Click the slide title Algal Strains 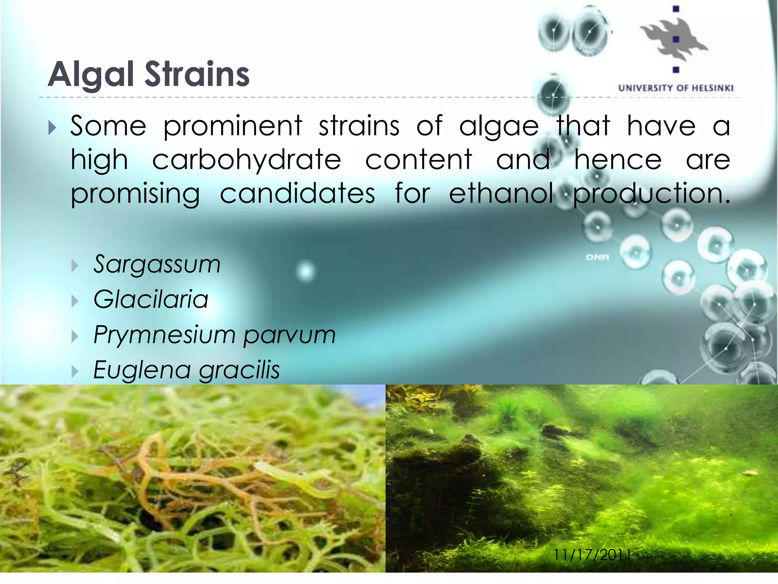149,74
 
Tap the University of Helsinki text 675,88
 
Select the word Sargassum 157,264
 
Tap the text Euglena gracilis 187,370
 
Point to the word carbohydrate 247,160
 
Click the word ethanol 501,193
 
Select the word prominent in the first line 232,126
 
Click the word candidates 297,193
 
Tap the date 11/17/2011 592,555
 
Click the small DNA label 597,257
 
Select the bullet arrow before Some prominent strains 52,128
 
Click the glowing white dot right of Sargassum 306,271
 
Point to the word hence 618,160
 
